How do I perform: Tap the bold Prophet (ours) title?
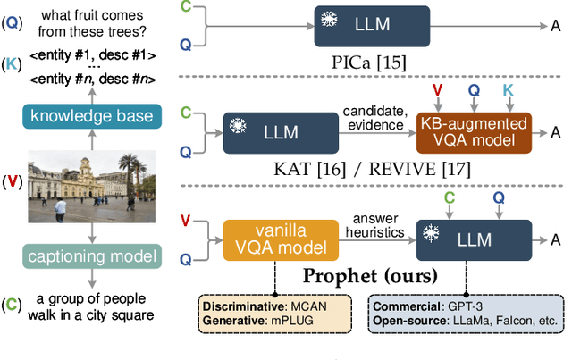(x=369, y=273)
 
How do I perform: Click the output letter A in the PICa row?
(x=555, y=25)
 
